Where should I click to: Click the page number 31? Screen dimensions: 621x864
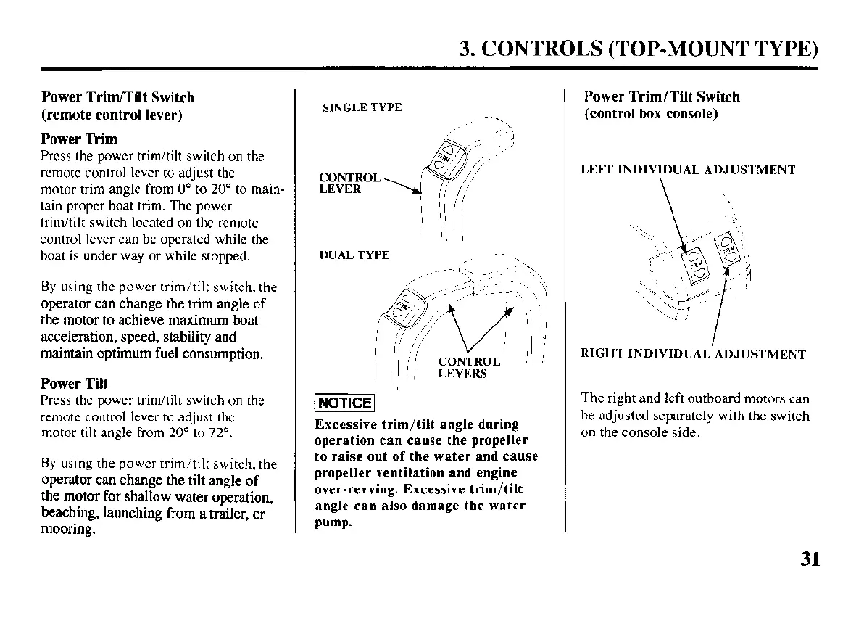pos(810,559)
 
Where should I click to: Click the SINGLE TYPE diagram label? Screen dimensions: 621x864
pos(362,107)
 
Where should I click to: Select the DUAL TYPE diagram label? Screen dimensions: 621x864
pos(354,255)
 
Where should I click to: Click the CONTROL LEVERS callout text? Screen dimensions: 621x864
pos(468,368)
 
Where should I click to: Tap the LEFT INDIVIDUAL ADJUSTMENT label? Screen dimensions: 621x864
pos(688,170)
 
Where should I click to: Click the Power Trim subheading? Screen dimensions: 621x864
pos(79,139)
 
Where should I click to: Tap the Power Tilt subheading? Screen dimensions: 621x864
pos(74,383)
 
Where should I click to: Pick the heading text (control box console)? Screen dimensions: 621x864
pos(651,114)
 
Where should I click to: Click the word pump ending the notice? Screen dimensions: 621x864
pos(332,522)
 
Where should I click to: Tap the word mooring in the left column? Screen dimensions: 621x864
pos(67,530)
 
